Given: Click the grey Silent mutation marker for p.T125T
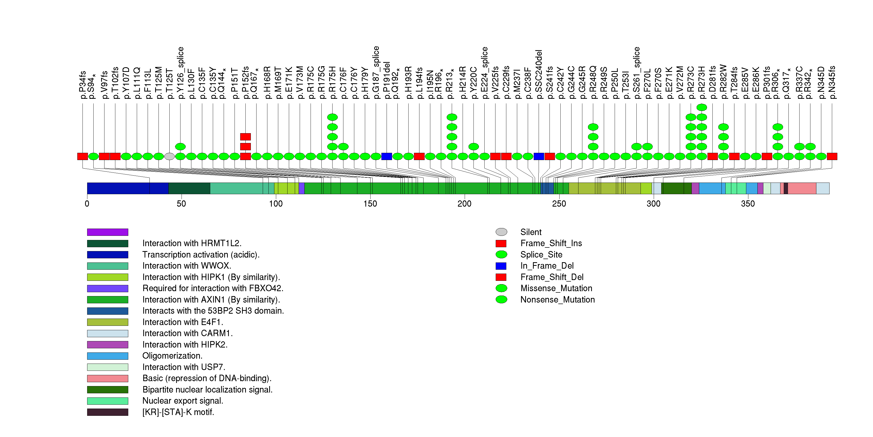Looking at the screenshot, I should [x=169, y=156].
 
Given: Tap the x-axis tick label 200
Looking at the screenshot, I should [x=464, y=204].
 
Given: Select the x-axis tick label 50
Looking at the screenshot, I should [x=181, y=204].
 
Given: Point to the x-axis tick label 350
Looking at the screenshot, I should [x=748, y=204].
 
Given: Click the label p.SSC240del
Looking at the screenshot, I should [x=539, y=74].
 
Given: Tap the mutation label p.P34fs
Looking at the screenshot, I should [x=82, y=85].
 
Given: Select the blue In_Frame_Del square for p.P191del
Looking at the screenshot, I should [x=387, y=156].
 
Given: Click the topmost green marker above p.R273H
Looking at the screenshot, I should [x=702, y=107].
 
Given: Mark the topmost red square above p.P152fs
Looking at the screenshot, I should [x=245, y=137].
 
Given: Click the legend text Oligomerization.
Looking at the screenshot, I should [x=172, y=356].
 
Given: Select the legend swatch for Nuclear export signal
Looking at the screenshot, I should [x=107, y=401].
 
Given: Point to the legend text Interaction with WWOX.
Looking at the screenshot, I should [x=187, y=266].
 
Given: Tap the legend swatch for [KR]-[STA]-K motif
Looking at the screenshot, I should [x=107, y=412].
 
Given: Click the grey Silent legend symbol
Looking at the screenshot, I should [x=501, y=232].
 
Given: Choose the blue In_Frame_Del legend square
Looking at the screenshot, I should [x=501, y=266].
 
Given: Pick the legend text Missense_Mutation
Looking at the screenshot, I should [x=556, y=288].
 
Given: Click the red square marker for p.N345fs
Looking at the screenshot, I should [x=832, y=156].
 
